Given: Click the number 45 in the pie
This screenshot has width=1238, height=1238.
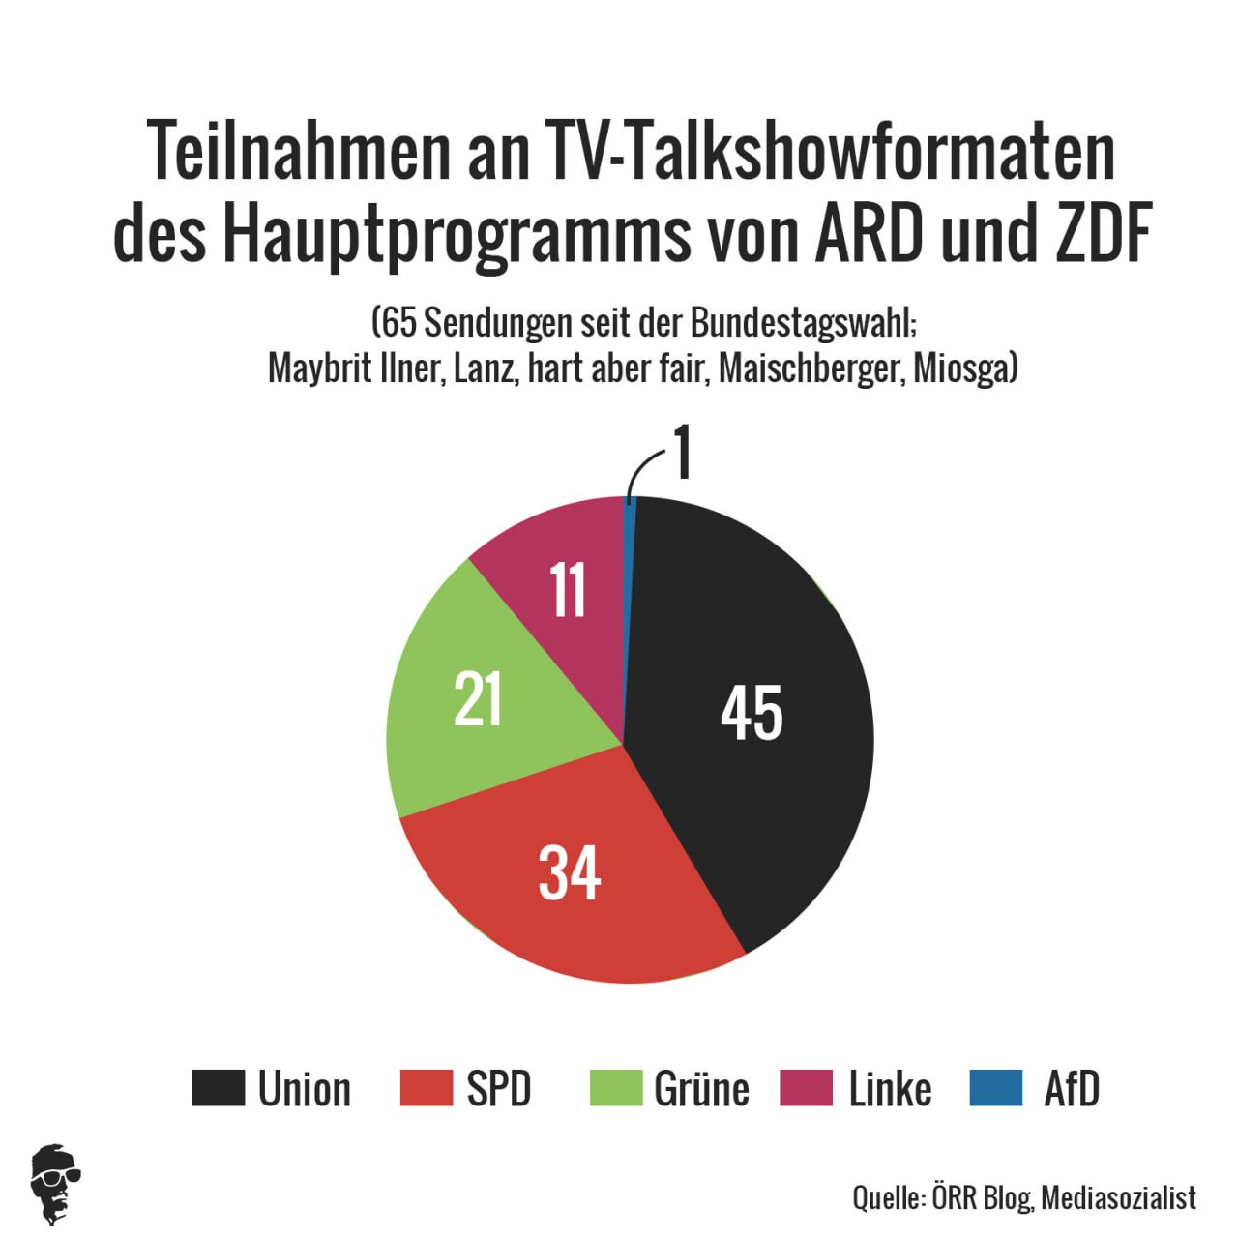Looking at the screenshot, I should tap(752, 714).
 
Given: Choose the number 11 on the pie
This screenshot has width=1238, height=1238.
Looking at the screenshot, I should tap(568, 590).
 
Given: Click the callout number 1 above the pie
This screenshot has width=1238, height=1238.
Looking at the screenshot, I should tap(683, 453).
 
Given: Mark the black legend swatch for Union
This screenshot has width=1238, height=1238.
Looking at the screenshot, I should tap(218, 1087).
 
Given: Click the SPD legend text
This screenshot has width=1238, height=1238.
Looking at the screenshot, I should tap(499, 1089).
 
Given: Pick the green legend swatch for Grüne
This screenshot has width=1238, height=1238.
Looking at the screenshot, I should tap(616, 1087).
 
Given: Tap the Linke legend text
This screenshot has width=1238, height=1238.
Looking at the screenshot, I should tap(890, 1089).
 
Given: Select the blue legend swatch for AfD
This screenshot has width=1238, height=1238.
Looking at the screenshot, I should tap(995, 1087).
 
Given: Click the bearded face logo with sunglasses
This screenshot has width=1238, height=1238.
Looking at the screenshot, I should tap(56, 1184).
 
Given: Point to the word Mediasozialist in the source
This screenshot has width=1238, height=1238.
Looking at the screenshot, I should tap(1119, 1197).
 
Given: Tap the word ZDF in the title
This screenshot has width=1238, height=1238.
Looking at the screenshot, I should tap(1097, 234).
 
